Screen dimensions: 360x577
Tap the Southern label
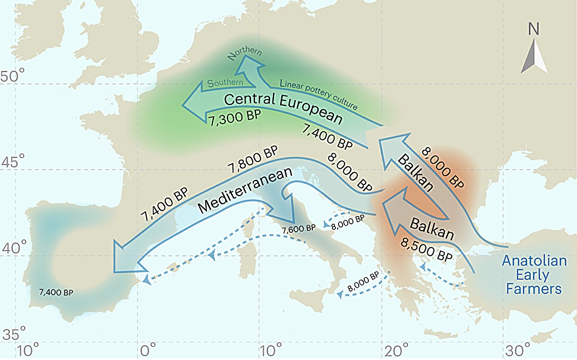tap(225, 83)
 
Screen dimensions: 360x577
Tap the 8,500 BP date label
tap(426, 250)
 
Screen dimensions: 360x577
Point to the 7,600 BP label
tap(298, 229)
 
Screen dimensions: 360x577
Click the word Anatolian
tap(534, 261)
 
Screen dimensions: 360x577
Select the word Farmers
tap(534, 289)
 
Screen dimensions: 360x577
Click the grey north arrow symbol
tap(534, 56)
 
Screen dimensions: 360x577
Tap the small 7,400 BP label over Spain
tap(56, 292)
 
